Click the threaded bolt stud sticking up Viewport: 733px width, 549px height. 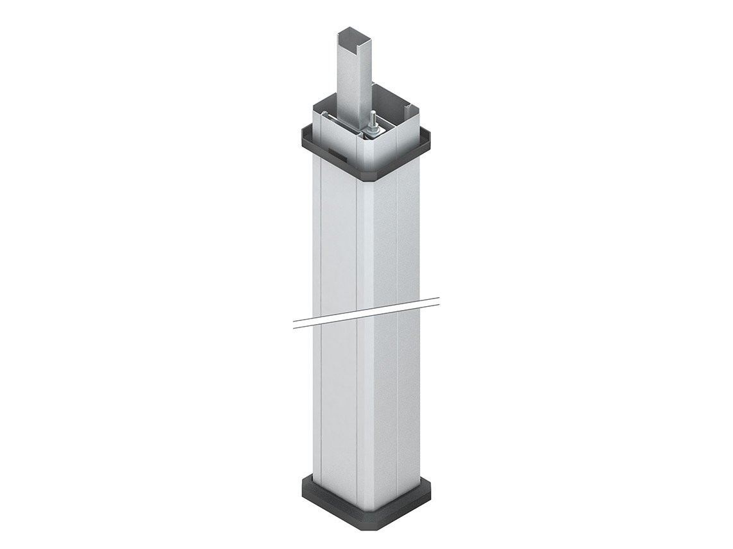(x=371, y=119)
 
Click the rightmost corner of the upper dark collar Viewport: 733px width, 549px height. (x=430, y=136)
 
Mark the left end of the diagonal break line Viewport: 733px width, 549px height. (x=294, y=324)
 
